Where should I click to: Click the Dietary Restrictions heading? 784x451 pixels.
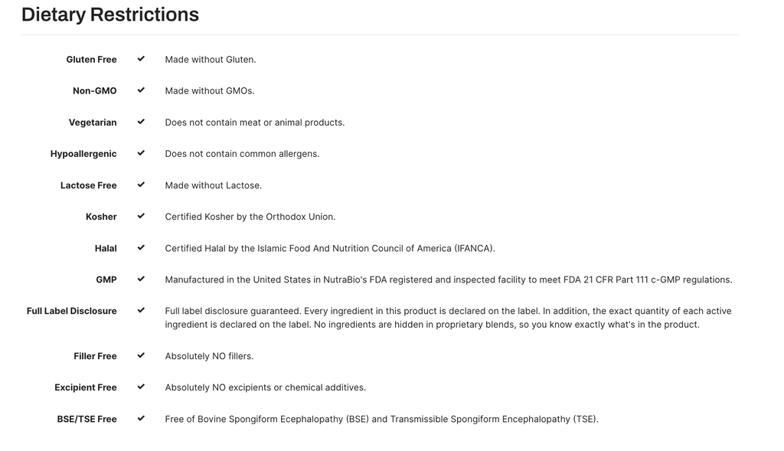110,15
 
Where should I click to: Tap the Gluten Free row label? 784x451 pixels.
91,60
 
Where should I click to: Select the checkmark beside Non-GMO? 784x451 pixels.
141,90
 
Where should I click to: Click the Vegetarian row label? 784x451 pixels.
93,123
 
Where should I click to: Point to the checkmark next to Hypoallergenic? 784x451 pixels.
141,153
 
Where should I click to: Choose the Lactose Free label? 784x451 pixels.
89,185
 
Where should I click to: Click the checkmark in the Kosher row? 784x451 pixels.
141,216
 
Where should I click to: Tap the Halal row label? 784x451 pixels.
106,248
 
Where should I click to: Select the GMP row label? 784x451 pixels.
106,279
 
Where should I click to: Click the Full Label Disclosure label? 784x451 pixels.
72,311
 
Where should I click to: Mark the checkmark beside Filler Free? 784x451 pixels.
141,355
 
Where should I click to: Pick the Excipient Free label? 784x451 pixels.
86,387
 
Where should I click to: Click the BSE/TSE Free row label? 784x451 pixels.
87,419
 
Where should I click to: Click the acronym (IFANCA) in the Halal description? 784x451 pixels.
474,248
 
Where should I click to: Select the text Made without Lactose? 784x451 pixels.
213,185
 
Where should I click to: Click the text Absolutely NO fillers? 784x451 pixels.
209,356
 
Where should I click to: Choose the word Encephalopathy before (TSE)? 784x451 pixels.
535,419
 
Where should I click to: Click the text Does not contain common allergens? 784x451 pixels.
242,154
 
